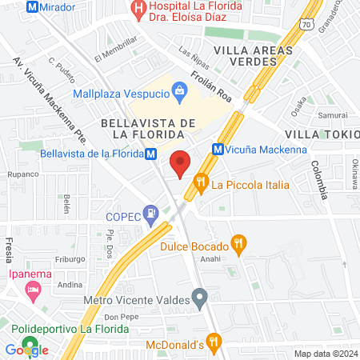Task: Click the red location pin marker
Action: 181,163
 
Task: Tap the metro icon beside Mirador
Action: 33,6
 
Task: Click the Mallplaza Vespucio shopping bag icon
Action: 181,94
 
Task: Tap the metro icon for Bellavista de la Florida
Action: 150,154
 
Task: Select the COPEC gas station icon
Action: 149,214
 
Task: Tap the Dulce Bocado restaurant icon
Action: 238,242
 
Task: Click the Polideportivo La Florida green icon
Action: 15,329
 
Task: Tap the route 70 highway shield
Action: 306,26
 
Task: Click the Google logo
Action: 26,350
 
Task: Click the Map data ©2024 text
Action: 324,354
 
